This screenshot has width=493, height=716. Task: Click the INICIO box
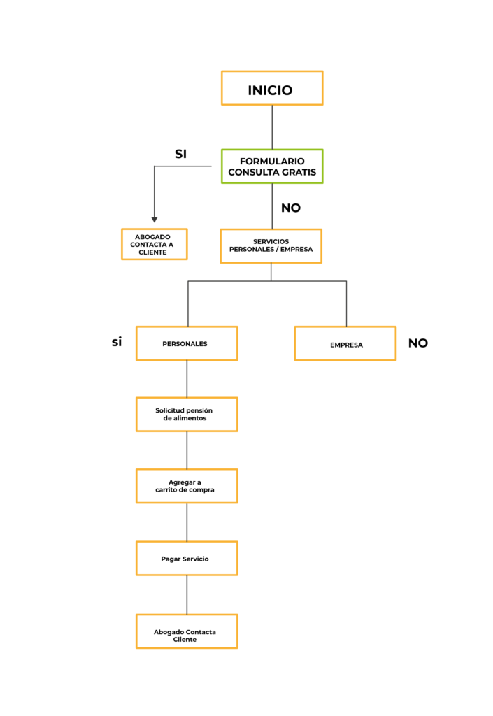point(272,88)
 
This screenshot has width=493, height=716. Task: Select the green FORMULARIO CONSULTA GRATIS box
point(272,166)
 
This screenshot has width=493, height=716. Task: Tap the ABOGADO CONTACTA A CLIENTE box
point(155,244)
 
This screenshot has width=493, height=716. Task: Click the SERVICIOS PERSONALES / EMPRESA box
point(271,246)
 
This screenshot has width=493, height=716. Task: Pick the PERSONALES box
point(187,343)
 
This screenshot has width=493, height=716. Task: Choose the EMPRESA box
point(345,343)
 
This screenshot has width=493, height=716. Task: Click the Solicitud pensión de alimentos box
point(187,414)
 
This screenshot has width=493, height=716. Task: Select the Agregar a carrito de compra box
point(187,486)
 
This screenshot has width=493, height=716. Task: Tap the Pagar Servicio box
point(187,558)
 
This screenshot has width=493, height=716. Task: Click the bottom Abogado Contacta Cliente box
point(187,631)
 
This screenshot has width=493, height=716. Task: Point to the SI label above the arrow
point(180,154)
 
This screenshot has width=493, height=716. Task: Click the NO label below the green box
point(291,208)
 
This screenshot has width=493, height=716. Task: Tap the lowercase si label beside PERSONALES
point(117,341)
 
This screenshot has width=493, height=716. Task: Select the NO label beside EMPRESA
point(418,343)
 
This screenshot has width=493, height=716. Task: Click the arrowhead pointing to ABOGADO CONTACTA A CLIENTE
point(155,220)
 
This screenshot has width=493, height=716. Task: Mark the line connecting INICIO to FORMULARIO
point(273,127)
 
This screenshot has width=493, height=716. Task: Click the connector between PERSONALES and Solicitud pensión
point(187,379)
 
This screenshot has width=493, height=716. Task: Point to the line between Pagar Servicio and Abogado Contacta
point(187,595)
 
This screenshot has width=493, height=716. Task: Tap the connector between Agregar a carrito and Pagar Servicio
point(187,522)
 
